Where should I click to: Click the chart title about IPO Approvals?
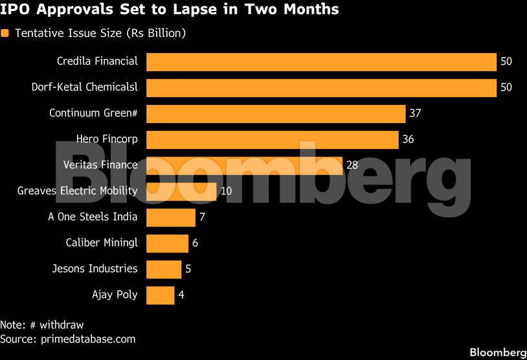click(169, 10)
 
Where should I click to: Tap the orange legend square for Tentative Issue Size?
click(5, 33)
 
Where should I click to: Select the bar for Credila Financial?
click(321, 62)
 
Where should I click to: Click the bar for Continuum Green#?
click(276, 113)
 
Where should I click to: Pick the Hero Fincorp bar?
click(272, 139)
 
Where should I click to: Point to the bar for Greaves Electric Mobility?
click(181, 191)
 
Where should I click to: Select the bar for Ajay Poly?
click(161, 295)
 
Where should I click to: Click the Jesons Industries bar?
click(164, 269)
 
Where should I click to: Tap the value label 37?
click(415, 113)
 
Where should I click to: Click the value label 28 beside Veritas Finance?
click(352, 165)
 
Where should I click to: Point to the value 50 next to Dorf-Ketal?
click(506, 87)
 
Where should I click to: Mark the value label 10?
click(226, 191)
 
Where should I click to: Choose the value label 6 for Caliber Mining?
click(195, 243)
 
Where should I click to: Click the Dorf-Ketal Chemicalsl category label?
click(84, 87)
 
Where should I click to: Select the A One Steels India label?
click(93, 217)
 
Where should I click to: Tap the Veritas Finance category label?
click(101, 165)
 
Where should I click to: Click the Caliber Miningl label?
click(102, 243)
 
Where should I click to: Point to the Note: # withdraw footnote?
click(42, 325)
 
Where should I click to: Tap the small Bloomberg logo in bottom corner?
click(497, 352)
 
